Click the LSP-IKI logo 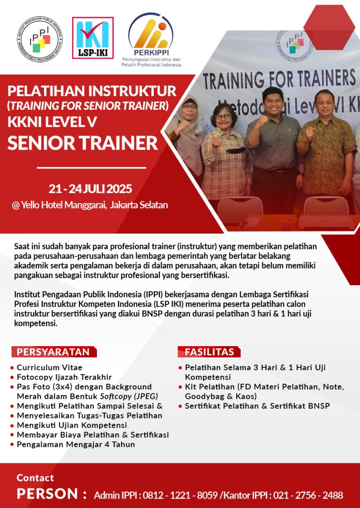pyautogui.click(x=93, y=38)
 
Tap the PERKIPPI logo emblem pyautogui.click(x=151, y=31)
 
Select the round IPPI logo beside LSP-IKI pyautogui.click(x=40, y=39)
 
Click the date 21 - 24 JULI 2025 pyautogui.click(x=90, y=189)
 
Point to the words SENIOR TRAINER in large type pyautogui.click(x=82, y=143)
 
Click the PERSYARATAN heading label pyautogui.click(x=53, y=352)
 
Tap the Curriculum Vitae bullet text pyautogui.click(x=50, y=367)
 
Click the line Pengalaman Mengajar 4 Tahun pyautogui.click(x=76, y=444)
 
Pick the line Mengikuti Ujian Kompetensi pyautogui.click(x=72, y=425)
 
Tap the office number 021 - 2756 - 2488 pyautogui.click(x=308, y=495)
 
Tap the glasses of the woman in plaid pyautogui.click(x=223, y=116)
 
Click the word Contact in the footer pyautogui.click(x=35, y=478)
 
